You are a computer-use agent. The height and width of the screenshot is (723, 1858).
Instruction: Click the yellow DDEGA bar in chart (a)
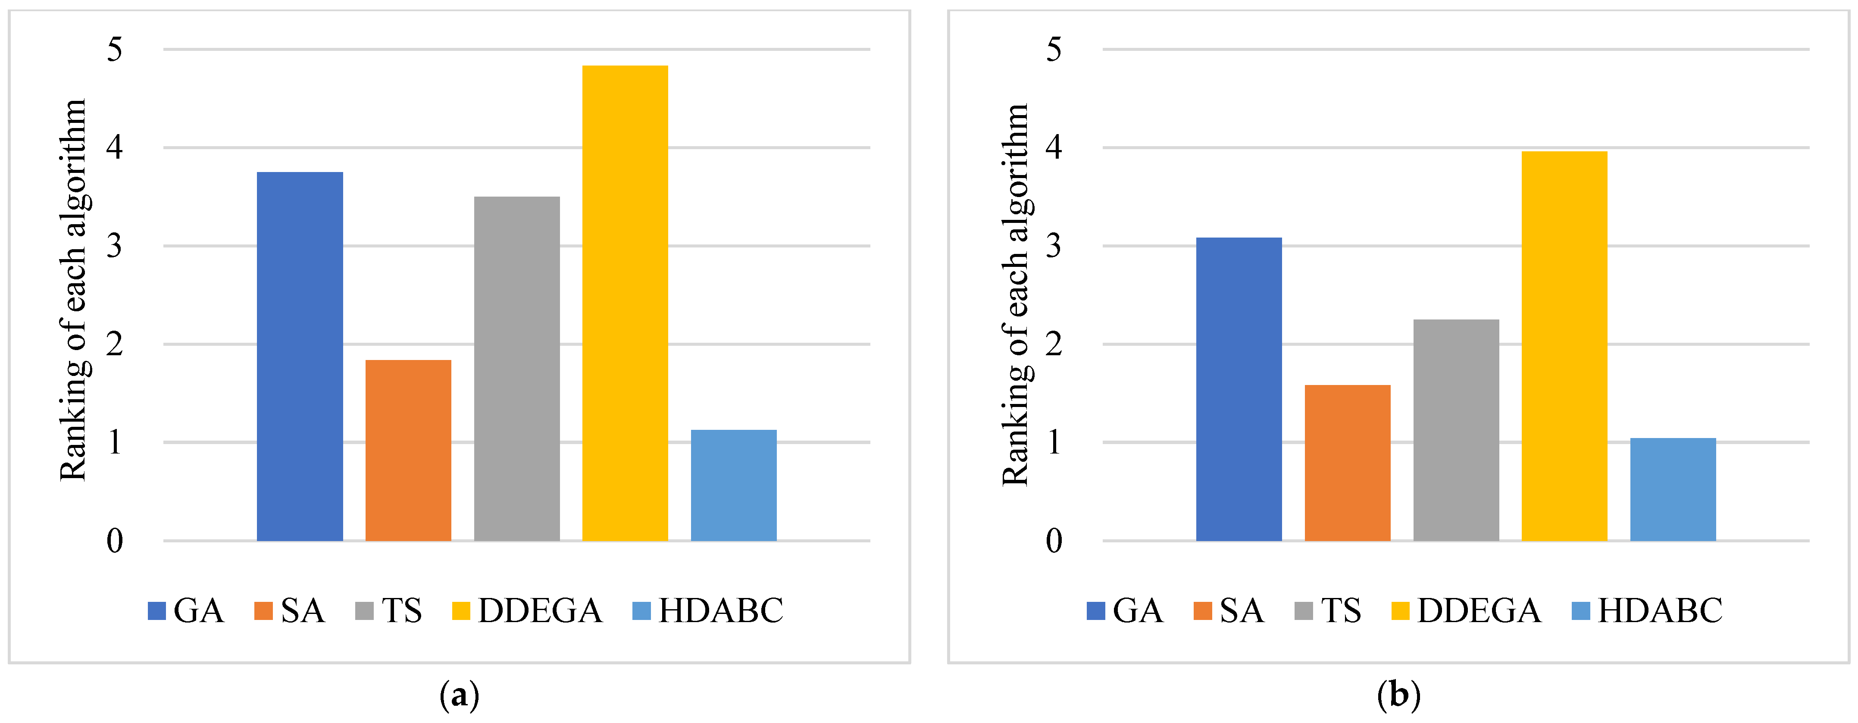(625, 303)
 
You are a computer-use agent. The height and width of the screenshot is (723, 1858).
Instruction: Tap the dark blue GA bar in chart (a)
(300, 357)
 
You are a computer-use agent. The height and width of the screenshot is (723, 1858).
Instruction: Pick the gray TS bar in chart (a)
(516, 368)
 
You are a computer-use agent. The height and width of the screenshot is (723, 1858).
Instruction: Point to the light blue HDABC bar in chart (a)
(734, 485)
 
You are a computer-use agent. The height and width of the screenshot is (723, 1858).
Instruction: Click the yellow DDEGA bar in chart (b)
(1564, 346)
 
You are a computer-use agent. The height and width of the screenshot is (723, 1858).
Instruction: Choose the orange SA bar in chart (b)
(1347, 463)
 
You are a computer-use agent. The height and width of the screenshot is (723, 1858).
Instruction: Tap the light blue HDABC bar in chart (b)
(1673, 489)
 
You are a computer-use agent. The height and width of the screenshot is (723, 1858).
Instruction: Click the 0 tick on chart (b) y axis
(1054, 541)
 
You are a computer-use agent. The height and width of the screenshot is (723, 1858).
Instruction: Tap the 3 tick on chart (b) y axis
(1054, 246)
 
